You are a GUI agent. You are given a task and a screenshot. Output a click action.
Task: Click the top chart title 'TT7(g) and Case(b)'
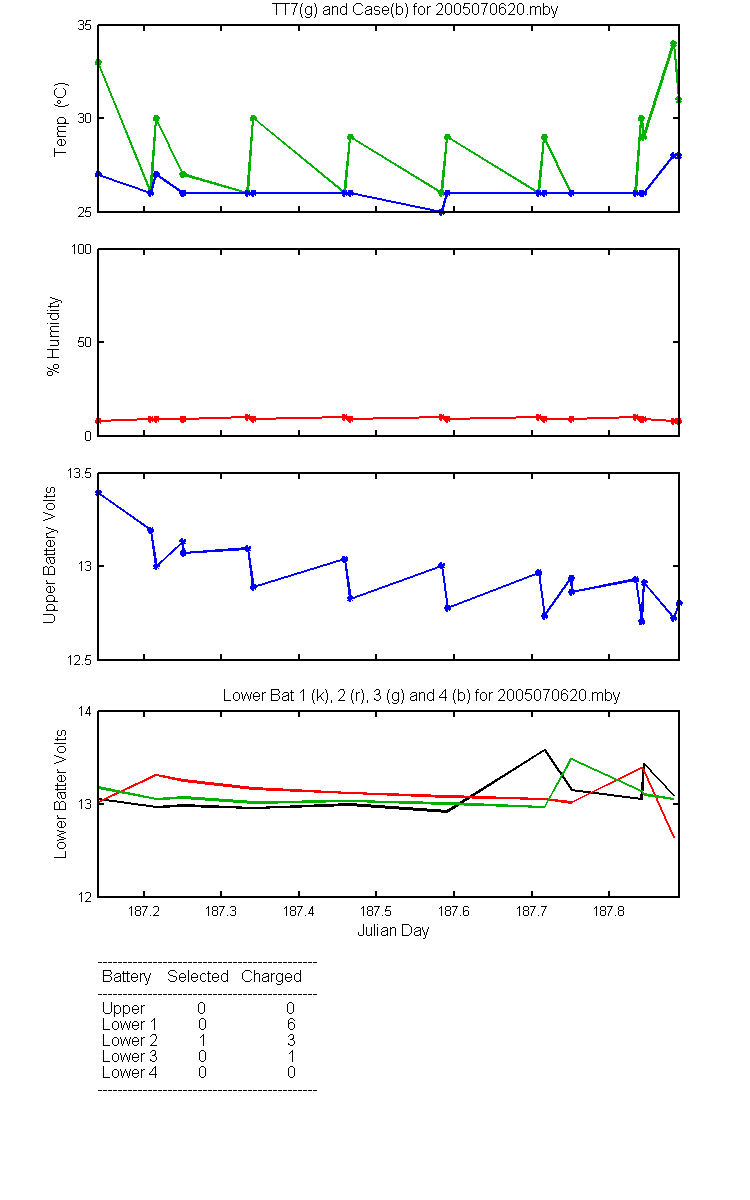coord(340,10)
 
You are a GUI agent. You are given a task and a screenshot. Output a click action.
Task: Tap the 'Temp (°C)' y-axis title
coord(61,119)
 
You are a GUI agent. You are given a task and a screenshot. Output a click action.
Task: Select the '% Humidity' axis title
coord(54,336)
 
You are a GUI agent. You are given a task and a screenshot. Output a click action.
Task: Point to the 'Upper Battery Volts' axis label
coord(49,555)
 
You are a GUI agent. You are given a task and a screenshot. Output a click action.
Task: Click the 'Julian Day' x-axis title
coord(393,931)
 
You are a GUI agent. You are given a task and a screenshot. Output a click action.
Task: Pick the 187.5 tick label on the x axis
coord(376,911)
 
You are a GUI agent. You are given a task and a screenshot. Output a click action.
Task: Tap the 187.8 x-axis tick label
coord(609,911)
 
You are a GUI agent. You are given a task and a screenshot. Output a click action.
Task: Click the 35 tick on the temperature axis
coord(85,25)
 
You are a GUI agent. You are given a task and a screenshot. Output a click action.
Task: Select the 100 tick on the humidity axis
coord(81,249)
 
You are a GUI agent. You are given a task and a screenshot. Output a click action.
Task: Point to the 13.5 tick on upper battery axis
coord(79,473)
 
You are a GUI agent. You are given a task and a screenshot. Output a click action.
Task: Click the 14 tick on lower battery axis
coord(85,711)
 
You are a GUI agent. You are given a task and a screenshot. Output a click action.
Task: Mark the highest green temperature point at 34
coord(673,44)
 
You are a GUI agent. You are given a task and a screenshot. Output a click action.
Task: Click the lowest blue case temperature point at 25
coord(441,212)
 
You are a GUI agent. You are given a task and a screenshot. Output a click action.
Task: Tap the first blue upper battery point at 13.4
coord(98,492)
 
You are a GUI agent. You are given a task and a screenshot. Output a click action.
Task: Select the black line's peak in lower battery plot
coord(545,749)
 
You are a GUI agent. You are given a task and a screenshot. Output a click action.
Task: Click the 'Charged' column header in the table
coord(271,977)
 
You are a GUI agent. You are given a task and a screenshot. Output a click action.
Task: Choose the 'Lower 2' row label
coord(130,1040)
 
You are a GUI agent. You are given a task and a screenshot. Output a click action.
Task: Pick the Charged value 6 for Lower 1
coord(291,1024)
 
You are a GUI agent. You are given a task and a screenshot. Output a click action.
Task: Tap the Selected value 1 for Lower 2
coord(202,1040)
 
